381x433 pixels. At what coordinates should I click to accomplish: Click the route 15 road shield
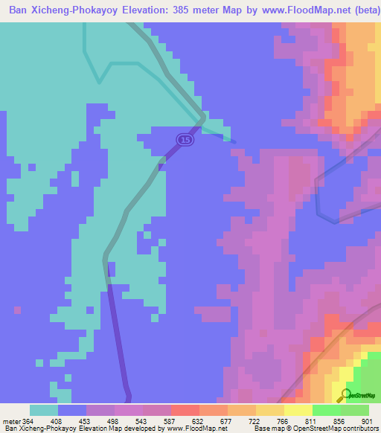click(185, 139)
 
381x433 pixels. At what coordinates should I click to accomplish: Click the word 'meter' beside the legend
click(10, 421)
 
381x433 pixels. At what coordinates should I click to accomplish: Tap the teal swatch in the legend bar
click(43, 410)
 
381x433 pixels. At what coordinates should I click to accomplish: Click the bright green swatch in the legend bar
click(326, 410)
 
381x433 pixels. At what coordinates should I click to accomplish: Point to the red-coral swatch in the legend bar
click(185, 410)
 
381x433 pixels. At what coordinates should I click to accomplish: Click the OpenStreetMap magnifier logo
click(345, 395)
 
